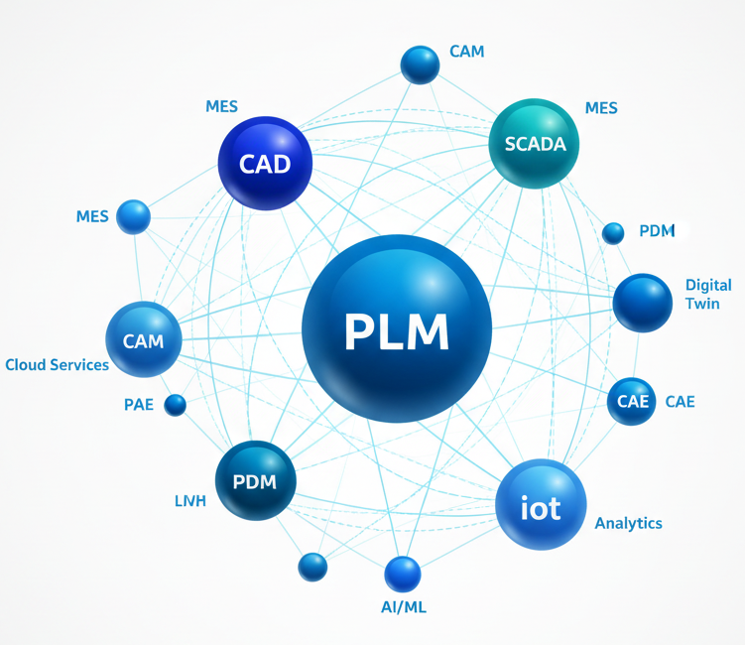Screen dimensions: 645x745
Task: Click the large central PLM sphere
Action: tap(397, 329)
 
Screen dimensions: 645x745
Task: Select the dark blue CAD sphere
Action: tap(265, 164)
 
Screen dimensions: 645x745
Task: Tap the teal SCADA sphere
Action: tap(535, 143)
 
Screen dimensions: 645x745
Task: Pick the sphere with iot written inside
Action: tap(541, 505)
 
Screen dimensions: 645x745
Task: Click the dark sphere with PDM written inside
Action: tap(256, 481)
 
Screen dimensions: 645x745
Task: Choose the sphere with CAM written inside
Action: tap(144, 340)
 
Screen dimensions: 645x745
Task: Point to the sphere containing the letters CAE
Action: tap(631, 401)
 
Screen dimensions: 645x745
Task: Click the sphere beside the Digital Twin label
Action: tap(642, 303)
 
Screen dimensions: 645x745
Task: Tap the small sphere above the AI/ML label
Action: tap(403, 574)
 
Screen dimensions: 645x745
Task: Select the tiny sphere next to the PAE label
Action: tap(176, 404)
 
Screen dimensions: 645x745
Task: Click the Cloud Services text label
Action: tap(57, 365)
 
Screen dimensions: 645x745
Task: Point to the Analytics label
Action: tap(628, 523)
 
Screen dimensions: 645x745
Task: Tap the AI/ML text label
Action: tap(404, 607)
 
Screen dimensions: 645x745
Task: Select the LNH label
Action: tap(189, 501)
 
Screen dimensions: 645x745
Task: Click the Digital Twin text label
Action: tap(708, 294)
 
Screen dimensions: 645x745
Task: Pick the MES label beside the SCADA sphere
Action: tap(601, 107)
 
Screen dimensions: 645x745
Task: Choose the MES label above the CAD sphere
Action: tap(221, 105)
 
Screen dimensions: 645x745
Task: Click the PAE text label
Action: tap(139, 405)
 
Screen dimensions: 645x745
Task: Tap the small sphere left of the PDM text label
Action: tap(613, 233)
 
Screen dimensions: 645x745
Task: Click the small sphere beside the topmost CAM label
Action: tap(420, 64)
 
